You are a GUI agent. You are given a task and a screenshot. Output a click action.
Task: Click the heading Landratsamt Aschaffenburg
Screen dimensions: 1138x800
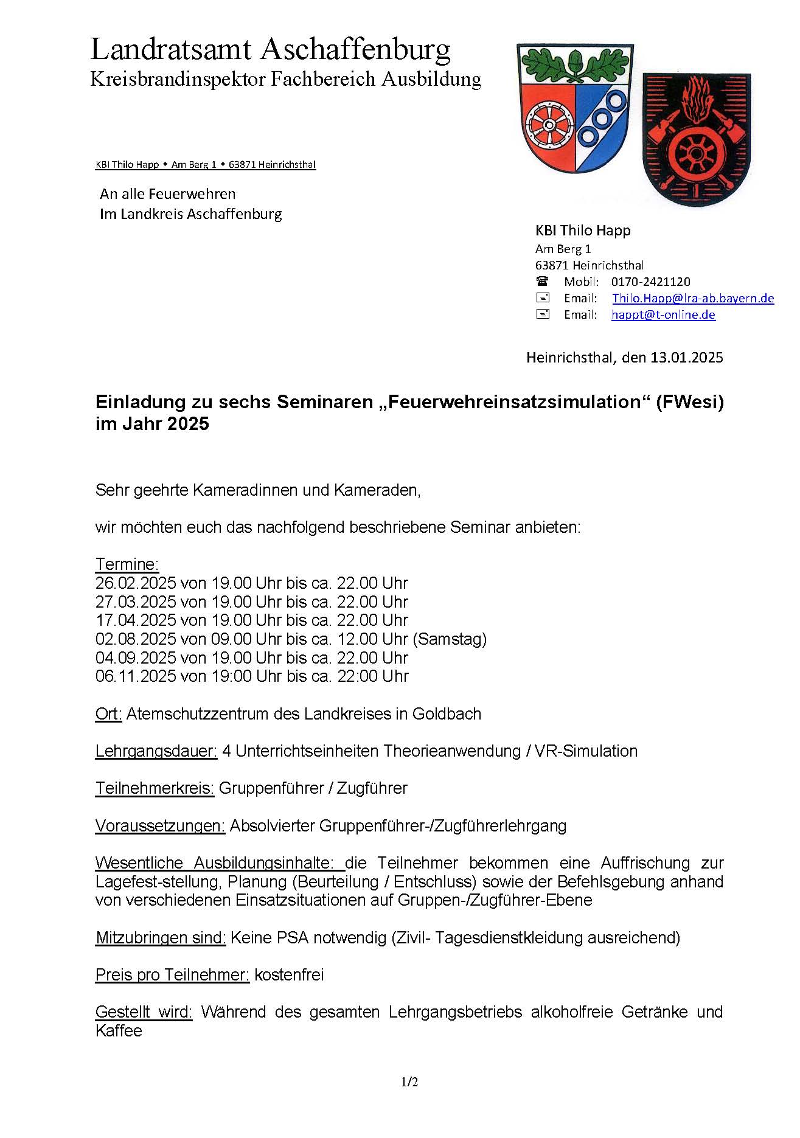point(270,49)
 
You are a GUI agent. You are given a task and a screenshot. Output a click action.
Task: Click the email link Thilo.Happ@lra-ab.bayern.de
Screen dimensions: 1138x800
point(693,298)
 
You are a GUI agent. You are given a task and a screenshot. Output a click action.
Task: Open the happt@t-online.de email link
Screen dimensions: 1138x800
point(663,314)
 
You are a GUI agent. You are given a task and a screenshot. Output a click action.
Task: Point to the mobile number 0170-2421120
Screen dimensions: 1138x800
point(650,282)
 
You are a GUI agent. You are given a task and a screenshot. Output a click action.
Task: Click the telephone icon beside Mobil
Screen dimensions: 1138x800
point(542,281)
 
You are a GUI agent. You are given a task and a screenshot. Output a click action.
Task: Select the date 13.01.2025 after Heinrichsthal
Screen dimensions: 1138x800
point(686,357)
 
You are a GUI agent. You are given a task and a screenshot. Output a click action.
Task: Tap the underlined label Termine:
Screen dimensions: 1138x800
point(127,564)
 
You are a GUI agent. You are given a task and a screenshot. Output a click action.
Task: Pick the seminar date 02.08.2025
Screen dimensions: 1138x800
point(136,639)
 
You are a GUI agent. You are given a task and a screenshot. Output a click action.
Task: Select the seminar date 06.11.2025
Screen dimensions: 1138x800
point(136,676)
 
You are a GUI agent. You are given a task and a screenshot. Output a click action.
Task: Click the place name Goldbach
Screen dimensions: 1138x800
point(447,713)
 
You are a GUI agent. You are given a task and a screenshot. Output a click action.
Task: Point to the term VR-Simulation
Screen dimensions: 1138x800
point(586,751)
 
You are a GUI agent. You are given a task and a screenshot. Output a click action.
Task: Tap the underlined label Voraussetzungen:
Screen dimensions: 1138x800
point(160,825)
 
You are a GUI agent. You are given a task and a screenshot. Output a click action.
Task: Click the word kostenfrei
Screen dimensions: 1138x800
point(289,974)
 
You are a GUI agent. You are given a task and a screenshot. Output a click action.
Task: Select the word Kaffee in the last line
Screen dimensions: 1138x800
point(119,1030)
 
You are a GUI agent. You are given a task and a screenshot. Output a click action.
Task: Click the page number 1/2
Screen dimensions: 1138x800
point(409,1082)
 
